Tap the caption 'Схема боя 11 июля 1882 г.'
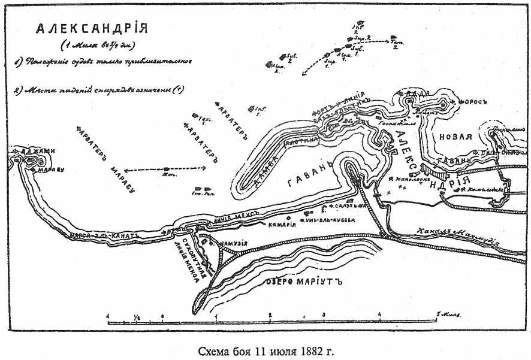point(265,350)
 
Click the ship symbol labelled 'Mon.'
point(167,170)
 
